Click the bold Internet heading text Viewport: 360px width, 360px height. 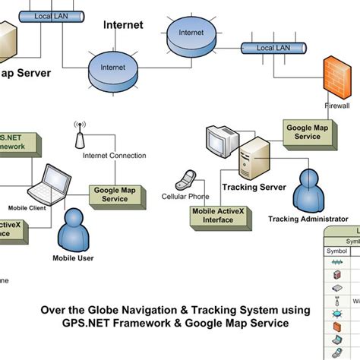click(122, 25)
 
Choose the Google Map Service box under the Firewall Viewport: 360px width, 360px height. click(308, 132)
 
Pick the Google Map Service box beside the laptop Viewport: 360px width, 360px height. click(115, 194)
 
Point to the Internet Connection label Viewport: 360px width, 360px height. click(114, 156)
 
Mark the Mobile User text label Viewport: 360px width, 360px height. click(74, 257)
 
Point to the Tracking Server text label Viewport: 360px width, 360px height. click(254, 187)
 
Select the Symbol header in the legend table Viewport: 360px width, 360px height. click(336, 251)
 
